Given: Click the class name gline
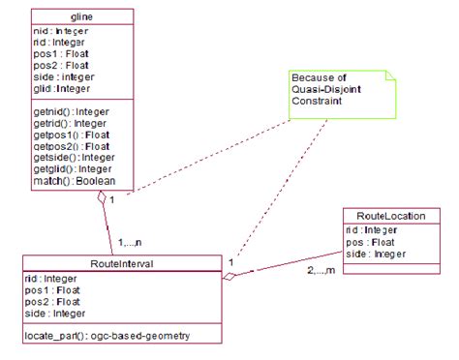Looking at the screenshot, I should (81, 17).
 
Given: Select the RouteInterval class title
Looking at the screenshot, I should (117, 262).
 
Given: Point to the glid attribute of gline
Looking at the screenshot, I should (61, 87).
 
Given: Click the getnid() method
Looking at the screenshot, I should (70, 111).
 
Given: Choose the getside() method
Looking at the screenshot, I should (71, 158).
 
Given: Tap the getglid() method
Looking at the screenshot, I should (71, 169).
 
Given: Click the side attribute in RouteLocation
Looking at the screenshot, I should (375, 254).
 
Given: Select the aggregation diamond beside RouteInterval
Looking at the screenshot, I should (229, 278).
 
